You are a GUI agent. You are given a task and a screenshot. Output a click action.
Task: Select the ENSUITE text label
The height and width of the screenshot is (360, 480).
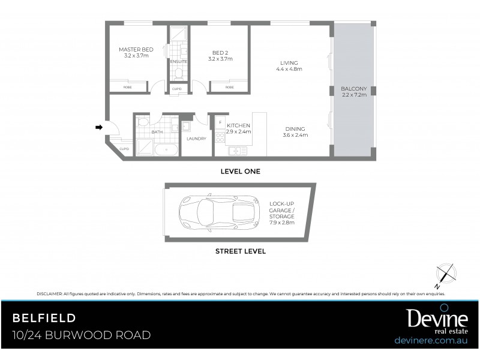178,61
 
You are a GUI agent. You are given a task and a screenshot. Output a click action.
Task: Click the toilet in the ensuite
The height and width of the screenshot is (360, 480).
178,73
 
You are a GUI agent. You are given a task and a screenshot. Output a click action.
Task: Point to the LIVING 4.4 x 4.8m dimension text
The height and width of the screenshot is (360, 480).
289,70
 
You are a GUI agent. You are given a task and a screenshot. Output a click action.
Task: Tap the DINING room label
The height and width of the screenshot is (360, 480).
295,128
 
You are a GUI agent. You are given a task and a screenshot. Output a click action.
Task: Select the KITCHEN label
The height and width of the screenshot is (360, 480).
238,125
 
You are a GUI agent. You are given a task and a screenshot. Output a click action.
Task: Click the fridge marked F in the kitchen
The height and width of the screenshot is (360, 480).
220,122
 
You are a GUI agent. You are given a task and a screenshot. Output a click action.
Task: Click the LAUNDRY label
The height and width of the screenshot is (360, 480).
196,139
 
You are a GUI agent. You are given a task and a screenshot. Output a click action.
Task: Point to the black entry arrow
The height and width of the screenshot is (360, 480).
98,127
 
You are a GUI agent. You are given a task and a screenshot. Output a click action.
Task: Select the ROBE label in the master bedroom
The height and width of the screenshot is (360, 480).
128,88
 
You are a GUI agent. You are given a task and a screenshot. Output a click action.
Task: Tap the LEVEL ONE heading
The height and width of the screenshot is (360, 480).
240,171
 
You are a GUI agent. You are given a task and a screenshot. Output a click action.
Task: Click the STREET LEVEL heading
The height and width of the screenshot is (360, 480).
240,252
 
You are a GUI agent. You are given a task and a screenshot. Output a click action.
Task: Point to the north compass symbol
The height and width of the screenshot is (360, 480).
445,273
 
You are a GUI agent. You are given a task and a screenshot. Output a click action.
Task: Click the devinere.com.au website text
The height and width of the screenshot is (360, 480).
431,340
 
